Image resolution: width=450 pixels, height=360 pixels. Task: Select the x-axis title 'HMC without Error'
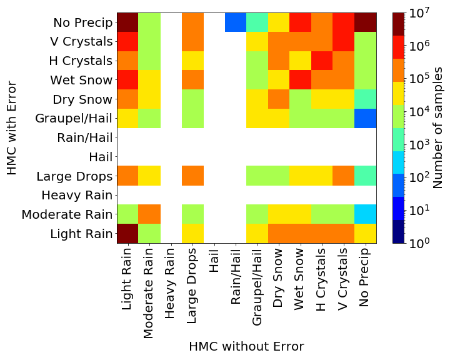(x=246, y=346)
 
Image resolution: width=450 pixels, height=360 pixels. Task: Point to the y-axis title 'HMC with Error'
(x=12, y=128)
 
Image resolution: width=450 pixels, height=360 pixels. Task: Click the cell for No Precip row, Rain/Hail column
(x=236, y=22)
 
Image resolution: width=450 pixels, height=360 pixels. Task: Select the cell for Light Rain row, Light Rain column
(x=127, y=233)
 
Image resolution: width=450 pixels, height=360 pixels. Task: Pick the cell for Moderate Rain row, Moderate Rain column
(x=149, y=214)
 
